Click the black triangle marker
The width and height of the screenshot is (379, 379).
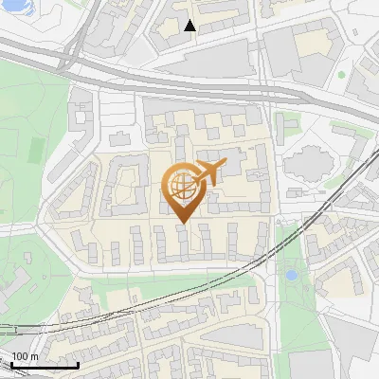coord(190,26)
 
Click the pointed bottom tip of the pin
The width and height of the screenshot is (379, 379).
coord(184,223)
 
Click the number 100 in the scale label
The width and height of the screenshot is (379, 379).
coord(21,356)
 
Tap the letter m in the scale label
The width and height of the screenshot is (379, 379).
coord(34,356)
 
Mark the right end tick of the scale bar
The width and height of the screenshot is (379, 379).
coord(78,363)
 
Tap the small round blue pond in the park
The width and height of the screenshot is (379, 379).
coord(291,276)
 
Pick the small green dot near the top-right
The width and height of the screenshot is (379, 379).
coord(341,75)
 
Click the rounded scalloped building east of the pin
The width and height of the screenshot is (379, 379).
coord(309,163)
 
